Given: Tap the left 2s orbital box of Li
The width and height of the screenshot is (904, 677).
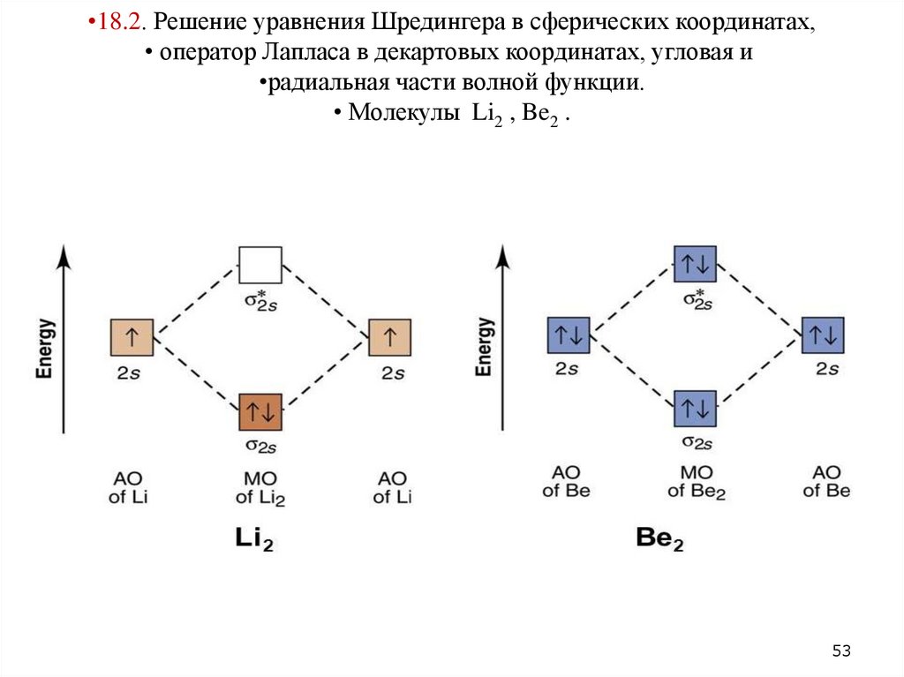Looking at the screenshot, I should (132, 338).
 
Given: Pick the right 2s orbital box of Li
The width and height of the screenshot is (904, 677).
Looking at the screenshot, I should (390, 338).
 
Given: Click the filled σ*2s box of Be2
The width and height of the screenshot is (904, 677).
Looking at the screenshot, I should (695, 264).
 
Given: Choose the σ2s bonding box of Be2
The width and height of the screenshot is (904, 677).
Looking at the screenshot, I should (695, 409).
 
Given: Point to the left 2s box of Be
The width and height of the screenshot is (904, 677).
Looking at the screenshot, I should (569, 336).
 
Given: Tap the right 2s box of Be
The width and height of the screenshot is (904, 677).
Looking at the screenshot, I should (823, 336).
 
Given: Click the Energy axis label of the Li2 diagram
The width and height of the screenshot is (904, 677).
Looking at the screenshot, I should (44, 349).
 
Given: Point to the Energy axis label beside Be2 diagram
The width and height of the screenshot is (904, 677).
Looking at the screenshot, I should (483, 347).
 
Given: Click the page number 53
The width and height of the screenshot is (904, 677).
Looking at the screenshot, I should (841, 651).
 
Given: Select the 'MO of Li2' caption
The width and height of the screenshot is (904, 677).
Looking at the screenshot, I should (260, 488).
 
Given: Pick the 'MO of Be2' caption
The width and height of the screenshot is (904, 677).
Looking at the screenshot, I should (696, 483).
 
